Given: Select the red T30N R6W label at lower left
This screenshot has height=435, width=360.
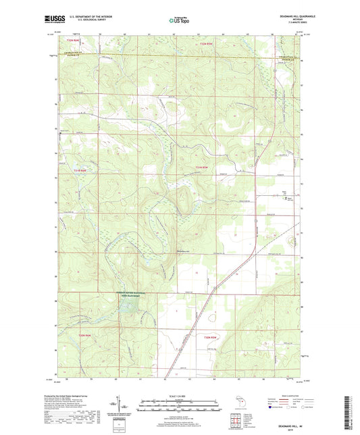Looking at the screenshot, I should tap(84, 335).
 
